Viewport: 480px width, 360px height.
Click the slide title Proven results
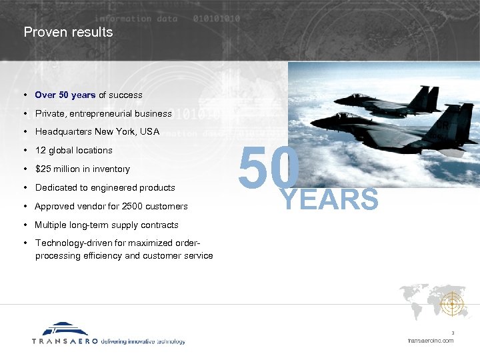(x=68, y=32)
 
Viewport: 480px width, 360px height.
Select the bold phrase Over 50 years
(x=65, y=95)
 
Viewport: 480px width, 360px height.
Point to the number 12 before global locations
(x=40, y=150)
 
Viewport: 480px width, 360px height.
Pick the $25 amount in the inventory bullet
(x=43, y=169)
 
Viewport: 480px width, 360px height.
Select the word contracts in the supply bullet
(x=159, y=225)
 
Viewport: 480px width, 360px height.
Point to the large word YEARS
(x=331, y=199)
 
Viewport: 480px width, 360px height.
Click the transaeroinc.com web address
(x=431, y=341)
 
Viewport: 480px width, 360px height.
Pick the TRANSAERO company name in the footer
(x=65, y=341)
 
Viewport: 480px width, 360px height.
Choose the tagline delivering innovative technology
(x=143, y=341)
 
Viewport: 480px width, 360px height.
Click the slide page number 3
(x=452, y=333)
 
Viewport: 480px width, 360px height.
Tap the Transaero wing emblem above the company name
(x=65, y=329)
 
